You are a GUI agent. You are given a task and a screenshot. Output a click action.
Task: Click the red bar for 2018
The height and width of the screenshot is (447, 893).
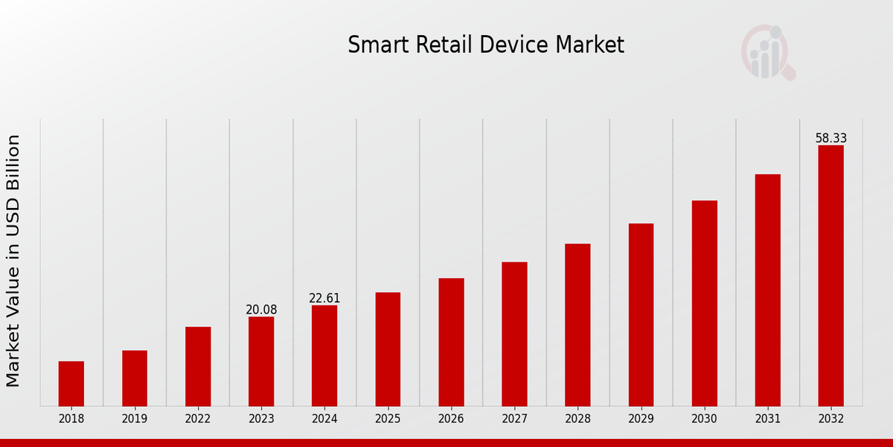click(x=71, y=384)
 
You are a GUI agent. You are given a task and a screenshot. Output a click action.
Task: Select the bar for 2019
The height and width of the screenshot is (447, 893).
click(x=135, y=378)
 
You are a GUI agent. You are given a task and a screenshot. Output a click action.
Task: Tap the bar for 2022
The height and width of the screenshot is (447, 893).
click(x=198, y=367)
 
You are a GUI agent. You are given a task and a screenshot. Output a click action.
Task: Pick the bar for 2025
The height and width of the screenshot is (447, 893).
click(x=388, y=349)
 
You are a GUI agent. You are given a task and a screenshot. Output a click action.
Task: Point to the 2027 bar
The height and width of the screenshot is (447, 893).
click(x=514, y=334)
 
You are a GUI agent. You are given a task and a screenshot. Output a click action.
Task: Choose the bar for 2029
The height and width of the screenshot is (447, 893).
click(x=641, y=314)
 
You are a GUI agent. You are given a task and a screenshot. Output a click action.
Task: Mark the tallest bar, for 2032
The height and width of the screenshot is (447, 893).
click(x=830, y=276)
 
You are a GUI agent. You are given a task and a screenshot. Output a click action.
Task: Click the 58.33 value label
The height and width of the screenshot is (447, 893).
click(x=830, y=139)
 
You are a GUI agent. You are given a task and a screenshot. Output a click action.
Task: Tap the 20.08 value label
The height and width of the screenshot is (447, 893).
click(x=261, y=310)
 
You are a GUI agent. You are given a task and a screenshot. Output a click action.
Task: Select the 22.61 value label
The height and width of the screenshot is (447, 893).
click(x=324, y=298)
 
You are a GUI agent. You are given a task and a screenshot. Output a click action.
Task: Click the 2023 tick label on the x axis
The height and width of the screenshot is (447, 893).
click(x=261, y=419)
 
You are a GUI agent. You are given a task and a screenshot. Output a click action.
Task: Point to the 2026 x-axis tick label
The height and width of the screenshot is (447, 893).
click(x=451, y=419)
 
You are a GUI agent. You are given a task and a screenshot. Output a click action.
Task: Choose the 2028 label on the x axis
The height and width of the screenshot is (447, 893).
click(x=577, y=419)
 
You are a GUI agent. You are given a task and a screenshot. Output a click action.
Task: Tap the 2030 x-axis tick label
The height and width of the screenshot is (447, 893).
click(x=704, y=419)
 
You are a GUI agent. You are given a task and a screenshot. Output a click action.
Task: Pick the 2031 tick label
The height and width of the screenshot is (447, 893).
click(x=767, y=419)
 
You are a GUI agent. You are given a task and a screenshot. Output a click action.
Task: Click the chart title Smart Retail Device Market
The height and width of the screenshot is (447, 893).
click(x=486, y=45)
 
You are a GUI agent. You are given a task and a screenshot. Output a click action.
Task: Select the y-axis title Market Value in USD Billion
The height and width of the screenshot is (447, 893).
click(x=13, y=261)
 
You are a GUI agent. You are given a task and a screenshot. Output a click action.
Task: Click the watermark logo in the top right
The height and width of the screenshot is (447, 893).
click(x=767, y=52)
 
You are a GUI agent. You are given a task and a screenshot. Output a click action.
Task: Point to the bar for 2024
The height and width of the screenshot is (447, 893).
click(x=324, y=355)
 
